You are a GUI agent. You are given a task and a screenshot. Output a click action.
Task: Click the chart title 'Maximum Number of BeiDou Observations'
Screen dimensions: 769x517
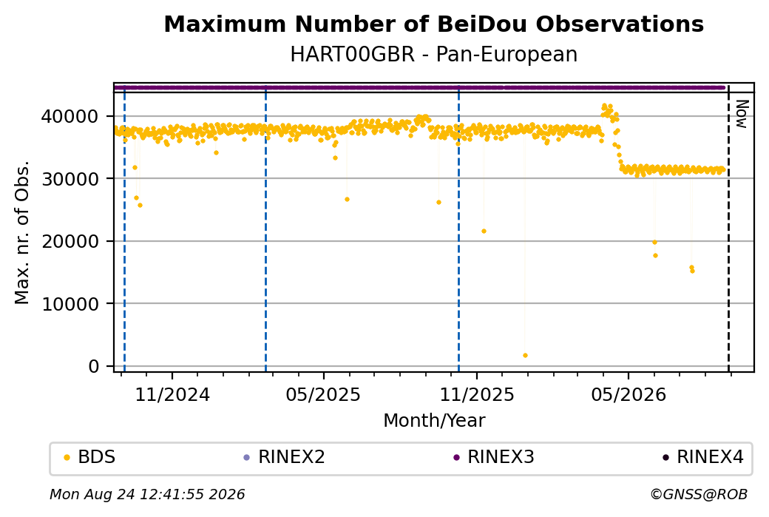point(433,24)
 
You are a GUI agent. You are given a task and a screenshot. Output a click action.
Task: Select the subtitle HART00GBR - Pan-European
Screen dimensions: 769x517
point(433,54)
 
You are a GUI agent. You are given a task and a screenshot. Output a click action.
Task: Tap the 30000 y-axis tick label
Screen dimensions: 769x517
point(70,179)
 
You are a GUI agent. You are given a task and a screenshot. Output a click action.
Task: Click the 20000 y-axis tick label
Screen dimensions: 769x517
point(70,241)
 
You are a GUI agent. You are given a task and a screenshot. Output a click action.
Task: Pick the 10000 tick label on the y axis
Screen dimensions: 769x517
point(70,304)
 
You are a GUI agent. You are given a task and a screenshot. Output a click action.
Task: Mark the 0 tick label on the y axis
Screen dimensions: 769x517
point(94,366)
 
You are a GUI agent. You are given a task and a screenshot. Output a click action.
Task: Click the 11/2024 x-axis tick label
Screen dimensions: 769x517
point(172,395)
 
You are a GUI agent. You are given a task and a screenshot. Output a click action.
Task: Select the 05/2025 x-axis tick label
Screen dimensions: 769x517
point(323,395)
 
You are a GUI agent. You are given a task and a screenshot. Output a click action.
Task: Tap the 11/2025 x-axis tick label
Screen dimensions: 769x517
point(477,395)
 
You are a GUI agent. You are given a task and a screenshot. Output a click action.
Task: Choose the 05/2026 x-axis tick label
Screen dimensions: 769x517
point(629,395)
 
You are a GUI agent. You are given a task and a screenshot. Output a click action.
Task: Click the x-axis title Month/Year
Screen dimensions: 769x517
point(434,420)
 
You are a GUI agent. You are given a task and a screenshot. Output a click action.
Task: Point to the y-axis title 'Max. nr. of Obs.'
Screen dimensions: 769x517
point(22,232)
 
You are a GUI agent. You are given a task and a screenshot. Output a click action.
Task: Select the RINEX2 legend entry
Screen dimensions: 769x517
point(285,457)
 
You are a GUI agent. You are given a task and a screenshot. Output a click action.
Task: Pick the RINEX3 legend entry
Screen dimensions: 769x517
point(494,457)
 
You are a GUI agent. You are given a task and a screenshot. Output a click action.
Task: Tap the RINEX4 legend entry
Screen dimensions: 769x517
point(703,457)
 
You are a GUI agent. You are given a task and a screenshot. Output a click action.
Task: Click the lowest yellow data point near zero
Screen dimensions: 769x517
point(525,356)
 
